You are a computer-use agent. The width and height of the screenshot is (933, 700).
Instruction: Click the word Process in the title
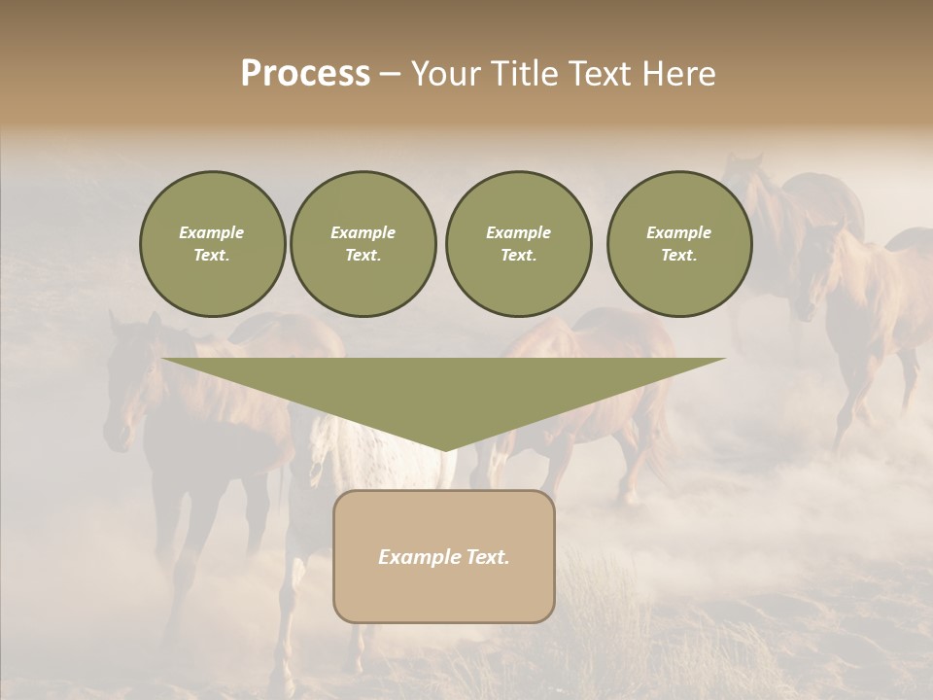(305, 74)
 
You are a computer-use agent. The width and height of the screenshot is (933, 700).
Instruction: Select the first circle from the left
(213, 244)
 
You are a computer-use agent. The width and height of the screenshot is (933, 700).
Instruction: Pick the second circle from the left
(363, 244)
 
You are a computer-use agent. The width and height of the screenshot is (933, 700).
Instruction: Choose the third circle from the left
(519, 244)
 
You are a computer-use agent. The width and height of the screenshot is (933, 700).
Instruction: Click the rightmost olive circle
(679, 244)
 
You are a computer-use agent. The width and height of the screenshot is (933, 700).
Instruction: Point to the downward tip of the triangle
(444, 448)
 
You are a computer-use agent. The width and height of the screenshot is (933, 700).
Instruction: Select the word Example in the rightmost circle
(678, 232)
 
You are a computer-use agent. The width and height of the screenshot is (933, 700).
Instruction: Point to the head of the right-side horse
(814, 272)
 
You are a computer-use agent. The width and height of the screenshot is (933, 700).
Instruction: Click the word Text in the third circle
(518, 256)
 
